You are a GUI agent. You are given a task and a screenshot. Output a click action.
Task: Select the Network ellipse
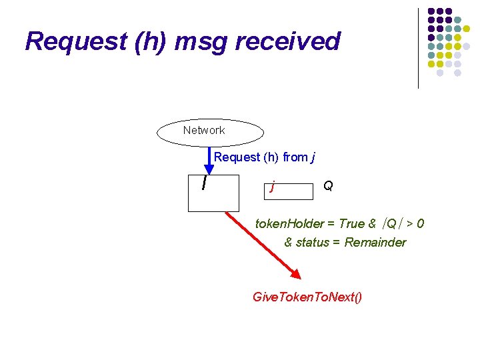pyautogui.click(x=210, y=132)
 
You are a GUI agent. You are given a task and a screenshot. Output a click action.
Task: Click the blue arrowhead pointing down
pyautogui.click(x=209, y=168)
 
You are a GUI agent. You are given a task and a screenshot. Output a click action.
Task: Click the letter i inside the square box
pyautogui.click(x=203, y=181)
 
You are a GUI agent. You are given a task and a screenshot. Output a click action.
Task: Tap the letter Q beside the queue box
pyautogui.click(x=328, y=185)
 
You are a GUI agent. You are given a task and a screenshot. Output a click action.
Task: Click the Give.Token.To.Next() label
pyautogui.click(x=307, y=297)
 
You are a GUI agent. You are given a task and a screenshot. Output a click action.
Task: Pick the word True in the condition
pyautogui.click(x=351, y=224)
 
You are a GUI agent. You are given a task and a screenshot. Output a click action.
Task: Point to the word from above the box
pyautogui.click(x=295, y=157)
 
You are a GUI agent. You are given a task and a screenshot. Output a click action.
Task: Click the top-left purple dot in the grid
pyautogui.click(x=431, y=12)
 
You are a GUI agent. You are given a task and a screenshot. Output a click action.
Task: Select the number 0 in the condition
pyautogui.click(x=420, y=224)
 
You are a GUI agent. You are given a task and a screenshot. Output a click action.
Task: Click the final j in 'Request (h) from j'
pyautogui.click(x=313, y=158)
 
